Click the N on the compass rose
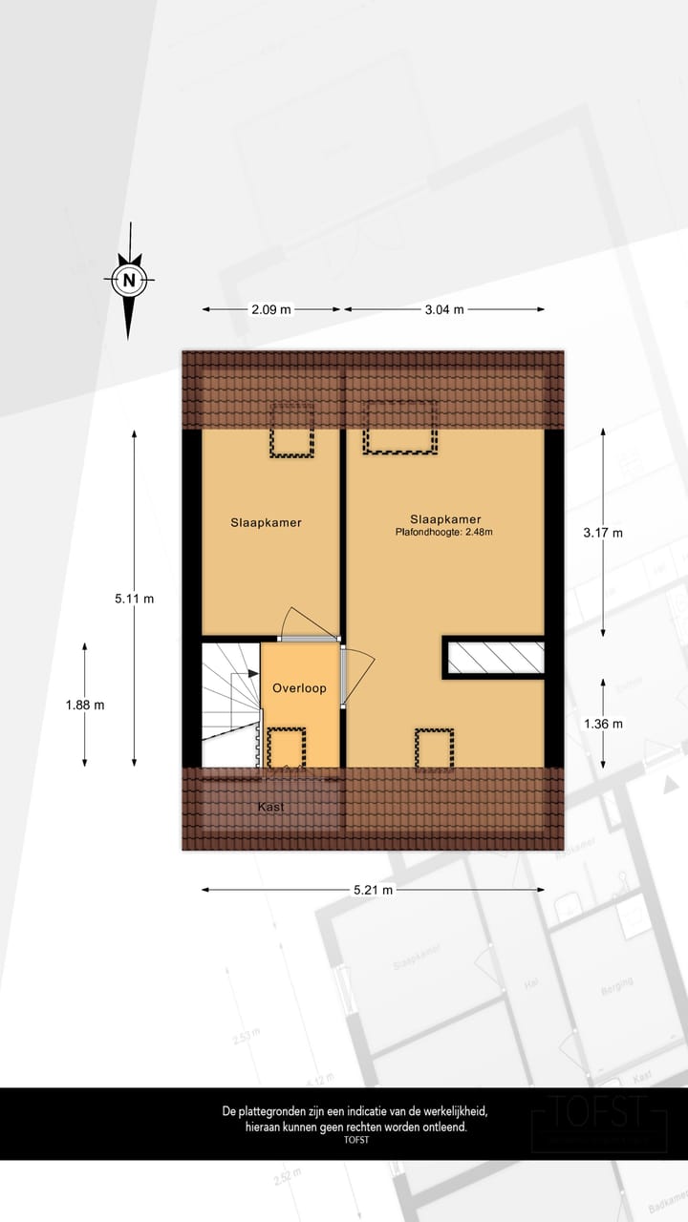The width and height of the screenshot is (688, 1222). (x=129, y=281)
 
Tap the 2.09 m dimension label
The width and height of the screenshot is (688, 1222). (x=271, y=309)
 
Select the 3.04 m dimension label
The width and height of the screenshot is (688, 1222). (x=444, y=309)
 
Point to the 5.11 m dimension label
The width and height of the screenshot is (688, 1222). (x=134, y=599)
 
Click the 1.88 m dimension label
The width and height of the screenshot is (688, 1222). (x=85, y=705)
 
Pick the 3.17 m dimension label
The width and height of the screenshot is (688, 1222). (x=603, y=533)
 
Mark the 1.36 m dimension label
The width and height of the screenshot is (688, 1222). (x=603, y=724)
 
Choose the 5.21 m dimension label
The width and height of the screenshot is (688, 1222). (x=373, y=890)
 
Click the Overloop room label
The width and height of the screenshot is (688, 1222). (x=299, y=687)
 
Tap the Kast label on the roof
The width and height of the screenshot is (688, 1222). (x=271, y=807)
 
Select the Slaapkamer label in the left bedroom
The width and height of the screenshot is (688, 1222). (x=266, y=522)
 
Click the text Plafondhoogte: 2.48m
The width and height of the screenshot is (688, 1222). (x=444, y=533)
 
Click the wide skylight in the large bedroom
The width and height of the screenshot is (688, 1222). (x=399, y=428)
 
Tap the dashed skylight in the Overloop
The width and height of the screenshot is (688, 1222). (x=286, y=747)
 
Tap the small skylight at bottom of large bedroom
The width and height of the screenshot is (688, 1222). (x=434, y=747)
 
